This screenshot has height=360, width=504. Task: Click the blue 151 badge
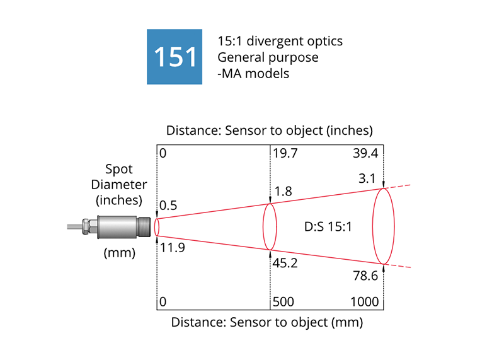(175, 57)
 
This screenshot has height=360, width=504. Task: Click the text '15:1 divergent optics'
(280, 42)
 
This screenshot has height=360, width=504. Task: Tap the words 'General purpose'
(268, 57)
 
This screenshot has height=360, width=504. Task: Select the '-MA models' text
(253, 73)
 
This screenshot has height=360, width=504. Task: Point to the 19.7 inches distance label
(285, 153)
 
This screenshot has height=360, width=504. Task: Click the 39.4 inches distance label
(365, 153)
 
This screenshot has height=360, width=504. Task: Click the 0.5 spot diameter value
(168, 206)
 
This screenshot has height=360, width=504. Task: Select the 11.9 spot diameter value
(172, 248)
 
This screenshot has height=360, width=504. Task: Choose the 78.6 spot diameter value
(365, 275)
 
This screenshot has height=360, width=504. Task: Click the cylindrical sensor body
(117, 226)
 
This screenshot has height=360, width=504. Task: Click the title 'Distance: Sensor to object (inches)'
(270, 131)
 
